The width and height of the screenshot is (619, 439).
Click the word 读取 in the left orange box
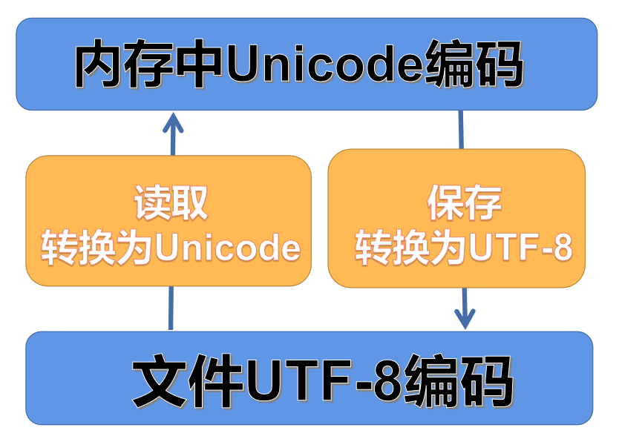click(170, 202)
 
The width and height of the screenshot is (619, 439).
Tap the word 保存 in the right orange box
click(465, 202)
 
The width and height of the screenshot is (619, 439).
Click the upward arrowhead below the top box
click(172, 122)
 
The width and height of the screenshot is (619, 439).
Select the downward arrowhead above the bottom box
click(465, 320)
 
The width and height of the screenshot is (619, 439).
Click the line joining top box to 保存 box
click(461, 130)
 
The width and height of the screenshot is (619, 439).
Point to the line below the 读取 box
click(171, 308)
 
